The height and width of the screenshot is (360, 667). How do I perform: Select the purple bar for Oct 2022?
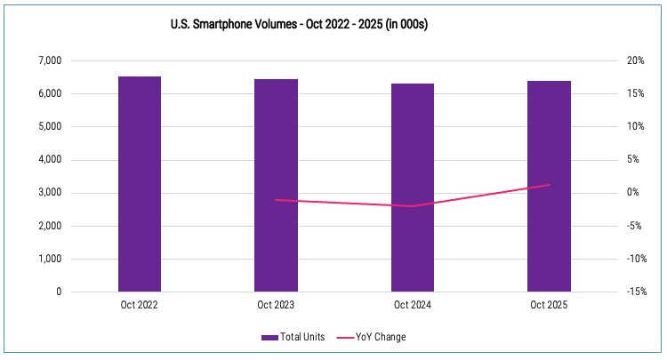(x=140, y=184)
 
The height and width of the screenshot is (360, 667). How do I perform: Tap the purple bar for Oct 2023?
(x=276, y=185)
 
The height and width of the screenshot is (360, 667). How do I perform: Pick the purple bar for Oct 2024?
(x=413, y=188)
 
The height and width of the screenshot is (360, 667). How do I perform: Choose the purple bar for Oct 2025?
(x=549, y=186)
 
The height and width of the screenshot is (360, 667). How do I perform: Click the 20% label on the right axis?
(x=634, y=60)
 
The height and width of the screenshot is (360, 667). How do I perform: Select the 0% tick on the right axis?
(x=631, y=193)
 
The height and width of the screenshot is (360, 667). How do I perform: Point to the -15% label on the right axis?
(x=635, y=292)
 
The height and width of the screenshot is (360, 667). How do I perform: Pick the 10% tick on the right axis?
(x=634, y=126)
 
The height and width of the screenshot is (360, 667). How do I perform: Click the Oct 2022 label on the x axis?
(x=140, y=305)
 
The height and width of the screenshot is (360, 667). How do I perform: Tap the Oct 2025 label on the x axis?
(x=549, y=305)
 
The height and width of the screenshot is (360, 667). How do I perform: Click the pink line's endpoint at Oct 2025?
(x=550, y=185)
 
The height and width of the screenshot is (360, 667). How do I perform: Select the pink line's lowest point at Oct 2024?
(x=413, y=206)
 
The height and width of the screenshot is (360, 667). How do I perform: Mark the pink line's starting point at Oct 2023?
(x=276, y=200)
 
